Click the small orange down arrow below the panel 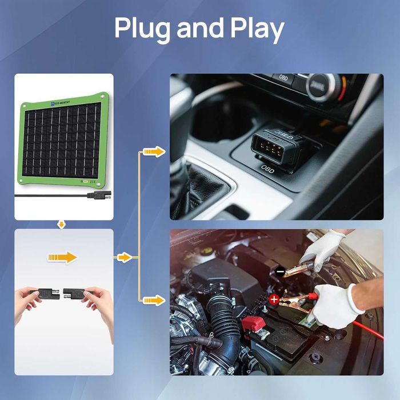62,225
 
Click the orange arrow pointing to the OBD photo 153,151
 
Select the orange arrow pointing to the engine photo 153,299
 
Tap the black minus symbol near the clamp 280,273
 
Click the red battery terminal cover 253,324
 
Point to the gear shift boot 197,189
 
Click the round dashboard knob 318,86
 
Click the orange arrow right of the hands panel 124,257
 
